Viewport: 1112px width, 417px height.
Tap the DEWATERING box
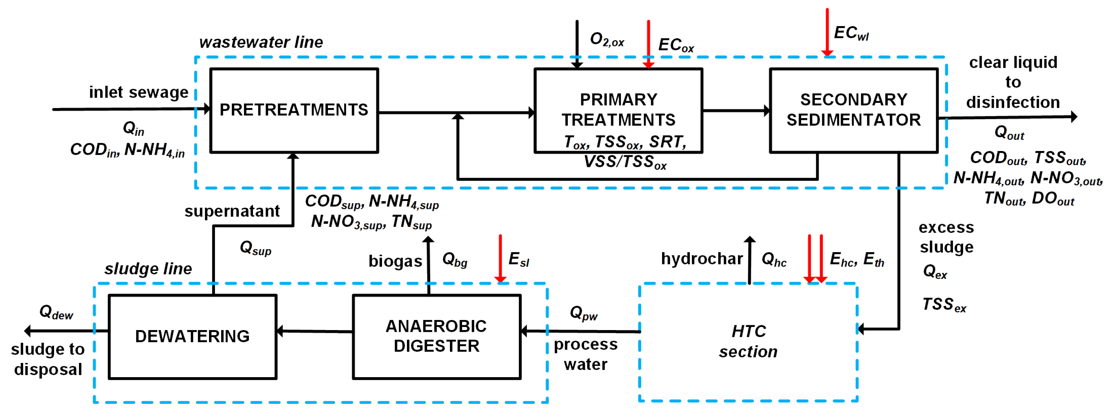point(192,336)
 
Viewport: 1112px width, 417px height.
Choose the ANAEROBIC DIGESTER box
point(436,336)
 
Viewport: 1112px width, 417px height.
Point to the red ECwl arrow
point(827,32)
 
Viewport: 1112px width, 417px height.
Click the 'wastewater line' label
point(261,42)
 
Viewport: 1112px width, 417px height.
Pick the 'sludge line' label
point(148,269)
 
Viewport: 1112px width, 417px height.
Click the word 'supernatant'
point(232,211)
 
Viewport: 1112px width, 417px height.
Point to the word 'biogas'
point(395,261)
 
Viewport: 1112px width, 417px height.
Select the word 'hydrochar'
point(702,259)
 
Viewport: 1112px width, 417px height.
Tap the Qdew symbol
point(56,312)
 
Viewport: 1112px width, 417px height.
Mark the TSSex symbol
point(944,305)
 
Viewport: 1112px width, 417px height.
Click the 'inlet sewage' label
point(139,92)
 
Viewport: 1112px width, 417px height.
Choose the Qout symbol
point(1009,132)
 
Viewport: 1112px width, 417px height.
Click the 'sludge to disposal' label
point(47,359)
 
